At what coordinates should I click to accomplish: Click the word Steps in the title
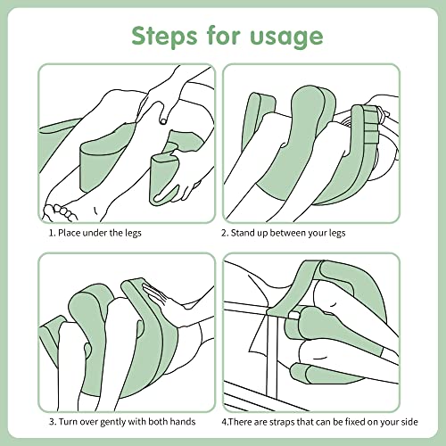coord(164,36)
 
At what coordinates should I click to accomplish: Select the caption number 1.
coord(52,233)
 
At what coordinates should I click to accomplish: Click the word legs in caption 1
coord(133,233)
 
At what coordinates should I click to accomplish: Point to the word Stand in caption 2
coord(243,233)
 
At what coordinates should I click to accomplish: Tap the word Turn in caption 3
coord(69,422)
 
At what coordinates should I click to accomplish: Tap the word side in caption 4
coord(409,422)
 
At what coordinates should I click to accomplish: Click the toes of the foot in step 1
coord(60,212)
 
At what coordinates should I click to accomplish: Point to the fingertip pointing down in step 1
coord(163,121)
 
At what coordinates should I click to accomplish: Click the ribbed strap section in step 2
coord(371,128)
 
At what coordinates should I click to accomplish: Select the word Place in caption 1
coord(69,233)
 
